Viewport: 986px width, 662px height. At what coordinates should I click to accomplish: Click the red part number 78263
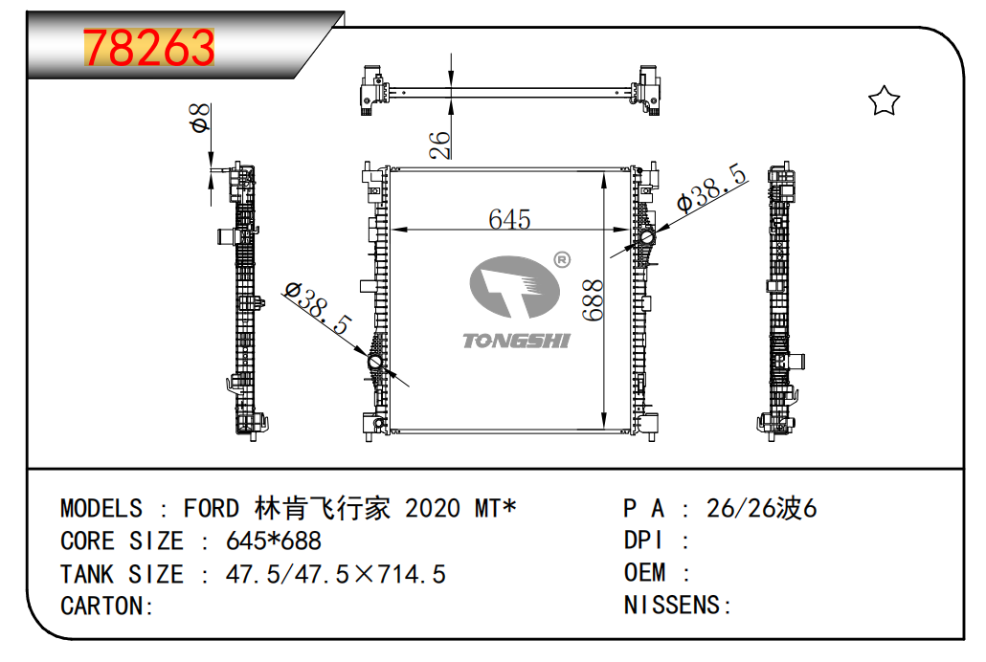coord(149,48)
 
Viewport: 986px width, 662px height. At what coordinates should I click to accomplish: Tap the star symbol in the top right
coord(884,100)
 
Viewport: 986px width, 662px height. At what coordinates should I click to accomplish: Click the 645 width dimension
coord(509,219)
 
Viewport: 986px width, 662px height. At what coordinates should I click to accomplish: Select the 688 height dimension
coord(593,300)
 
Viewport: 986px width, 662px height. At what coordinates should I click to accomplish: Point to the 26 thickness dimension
coord(439,144)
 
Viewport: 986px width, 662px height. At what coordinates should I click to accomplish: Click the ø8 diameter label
coord(200,118)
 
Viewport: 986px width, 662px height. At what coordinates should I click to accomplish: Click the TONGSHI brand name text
coord(516,341)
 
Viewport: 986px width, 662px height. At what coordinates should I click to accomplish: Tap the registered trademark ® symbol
coord(562,259)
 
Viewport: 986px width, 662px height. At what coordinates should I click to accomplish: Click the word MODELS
coord(101,508)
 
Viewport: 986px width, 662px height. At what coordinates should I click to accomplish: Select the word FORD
coord(212,508)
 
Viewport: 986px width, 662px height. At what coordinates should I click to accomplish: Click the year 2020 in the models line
coord(432,508)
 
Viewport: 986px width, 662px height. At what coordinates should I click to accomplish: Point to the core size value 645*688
coord(274,541)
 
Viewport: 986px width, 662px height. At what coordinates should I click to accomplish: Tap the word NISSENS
coord(672,605)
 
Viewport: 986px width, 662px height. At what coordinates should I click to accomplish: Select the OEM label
coord(644,572)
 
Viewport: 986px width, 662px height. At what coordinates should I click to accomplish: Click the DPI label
coord(643,541)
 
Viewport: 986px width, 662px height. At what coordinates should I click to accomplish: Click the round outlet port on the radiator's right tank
coord(646,237)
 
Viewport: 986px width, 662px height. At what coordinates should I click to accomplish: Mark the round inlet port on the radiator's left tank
coord(375,363)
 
